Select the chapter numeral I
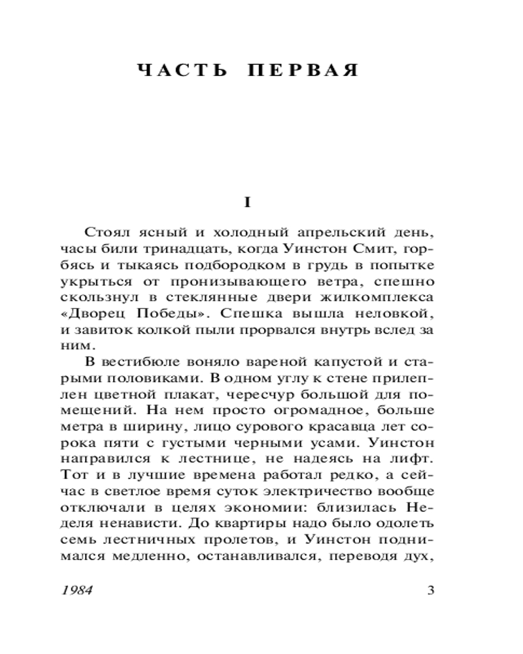pyautogui.click(x=247, y=203)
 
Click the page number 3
pyautogui.click(x=430, y=591)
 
